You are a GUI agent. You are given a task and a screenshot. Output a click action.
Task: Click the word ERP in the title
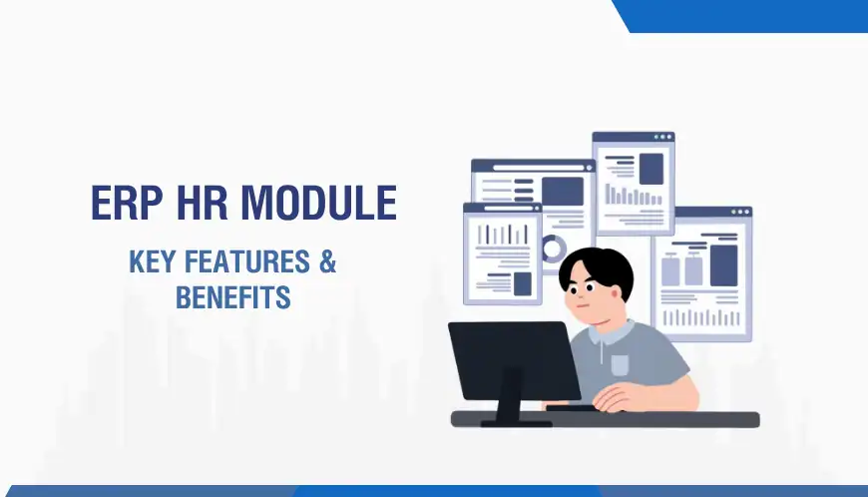[x=126, y=204]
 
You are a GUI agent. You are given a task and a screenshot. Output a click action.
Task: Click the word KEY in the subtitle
[x=153, y=262]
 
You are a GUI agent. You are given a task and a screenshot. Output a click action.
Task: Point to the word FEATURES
[x=246, y=262]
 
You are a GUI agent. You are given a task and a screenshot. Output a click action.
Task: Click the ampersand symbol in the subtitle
[x=326, y=262]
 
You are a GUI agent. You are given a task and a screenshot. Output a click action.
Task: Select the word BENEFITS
[x=232, y=296]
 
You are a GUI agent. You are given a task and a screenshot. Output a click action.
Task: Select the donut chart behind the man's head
[x=552, y=248]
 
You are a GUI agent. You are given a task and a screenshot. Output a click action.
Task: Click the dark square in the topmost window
[x=651, y=168]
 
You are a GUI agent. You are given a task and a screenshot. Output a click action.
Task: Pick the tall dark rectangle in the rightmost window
[x=722, y=264]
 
